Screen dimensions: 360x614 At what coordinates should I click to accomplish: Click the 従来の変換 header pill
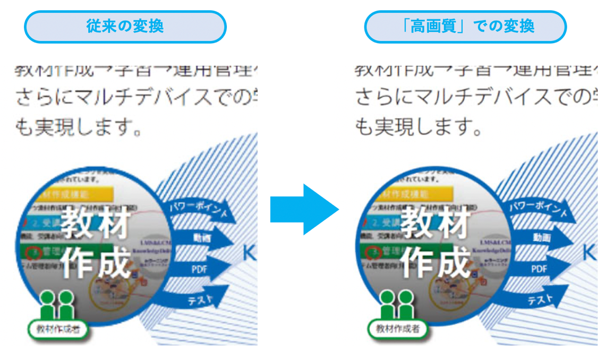125,27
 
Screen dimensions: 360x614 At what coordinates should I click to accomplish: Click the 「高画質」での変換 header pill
465,27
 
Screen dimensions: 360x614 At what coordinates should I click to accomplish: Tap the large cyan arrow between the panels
304,209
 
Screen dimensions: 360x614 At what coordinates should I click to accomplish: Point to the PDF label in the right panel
539,269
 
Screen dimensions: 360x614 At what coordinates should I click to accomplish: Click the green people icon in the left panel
57,304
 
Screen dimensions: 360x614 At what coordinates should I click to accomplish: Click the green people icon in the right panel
397,304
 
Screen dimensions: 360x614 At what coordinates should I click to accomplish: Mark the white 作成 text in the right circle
436,262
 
